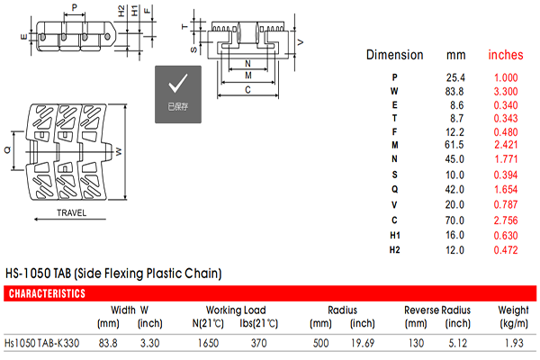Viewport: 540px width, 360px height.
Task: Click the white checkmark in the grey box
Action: [x=177, y=83]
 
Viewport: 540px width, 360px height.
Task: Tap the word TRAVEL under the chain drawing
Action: [x=72, y=213]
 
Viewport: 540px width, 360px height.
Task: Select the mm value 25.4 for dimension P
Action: [x=455, y=77]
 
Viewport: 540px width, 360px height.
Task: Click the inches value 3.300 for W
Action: [x=506, y=91]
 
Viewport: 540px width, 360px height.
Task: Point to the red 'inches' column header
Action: [x=506, y=55]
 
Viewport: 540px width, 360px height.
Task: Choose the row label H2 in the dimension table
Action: [x=395, y=250]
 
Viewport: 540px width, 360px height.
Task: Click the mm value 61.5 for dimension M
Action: [x=454, y=145]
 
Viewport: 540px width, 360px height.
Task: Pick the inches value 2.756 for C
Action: [x=506, y=220]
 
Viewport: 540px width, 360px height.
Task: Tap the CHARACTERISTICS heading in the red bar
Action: [x=47, y=293]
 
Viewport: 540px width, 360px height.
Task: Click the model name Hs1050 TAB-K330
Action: [x=41, y=343]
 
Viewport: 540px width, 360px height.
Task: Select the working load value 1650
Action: [x=208, y=343]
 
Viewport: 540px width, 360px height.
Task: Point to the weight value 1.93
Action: [x=514, y=343]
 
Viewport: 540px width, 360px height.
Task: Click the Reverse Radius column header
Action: [x=437, y=310]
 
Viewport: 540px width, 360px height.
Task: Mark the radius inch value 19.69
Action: [x=363, y=343]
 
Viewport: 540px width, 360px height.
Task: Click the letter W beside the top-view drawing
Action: [x=119, y=151]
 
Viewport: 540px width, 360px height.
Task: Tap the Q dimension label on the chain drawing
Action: [x=7, y=150]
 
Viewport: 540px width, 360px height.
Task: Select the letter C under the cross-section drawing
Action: [x=248, y=90]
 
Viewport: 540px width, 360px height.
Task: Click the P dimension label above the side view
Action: [x=75, y=7]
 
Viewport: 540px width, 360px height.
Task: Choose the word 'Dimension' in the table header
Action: [x=395, y=55]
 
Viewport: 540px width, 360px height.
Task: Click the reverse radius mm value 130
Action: [x=416, y=343]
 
